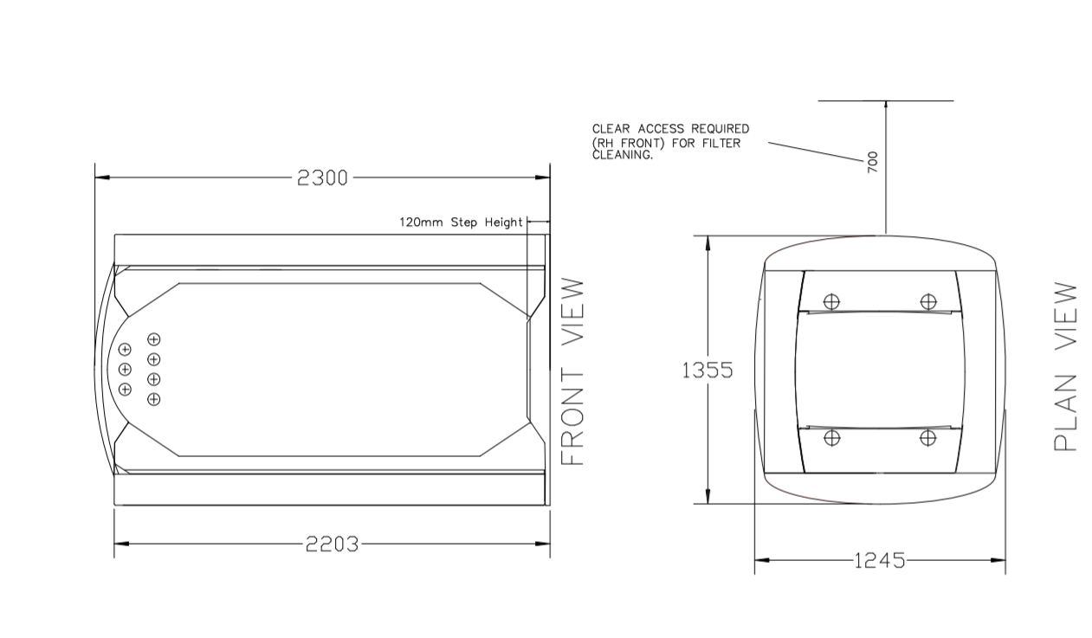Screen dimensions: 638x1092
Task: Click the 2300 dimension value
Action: [x=322, y=177]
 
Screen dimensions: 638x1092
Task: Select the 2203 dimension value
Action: [x=331, y=544]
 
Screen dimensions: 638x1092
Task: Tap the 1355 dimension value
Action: [x=708, y=371]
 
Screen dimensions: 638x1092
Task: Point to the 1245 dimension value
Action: [x=879, y=560]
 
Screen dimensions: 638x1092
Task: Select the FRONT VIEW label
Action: [x=572, y=371]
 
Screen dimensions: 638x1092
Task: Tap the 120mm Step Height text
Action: [x=461, y=222]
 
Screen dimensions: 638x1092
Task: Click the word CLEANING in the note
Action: [x=623, y=156]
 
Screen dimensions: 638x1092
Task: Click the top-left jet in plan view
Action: [x=831, y=302]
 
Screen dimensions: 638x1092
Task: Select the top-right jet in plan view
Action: [x=928, y=302]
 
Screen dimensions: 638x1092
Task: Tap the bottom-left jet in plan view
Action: [x=831, y=438]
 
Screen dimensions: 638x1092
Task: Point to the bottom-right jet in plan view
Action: [x=928, y=438]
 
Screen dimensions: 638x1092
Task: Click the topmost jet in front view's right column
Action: [x=154, y=339]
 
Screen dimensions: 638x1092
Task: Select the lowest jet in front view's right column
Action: [x=154, y=399]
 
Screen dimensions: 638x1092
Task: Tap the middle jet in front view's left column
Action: [x=125, y=370]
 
